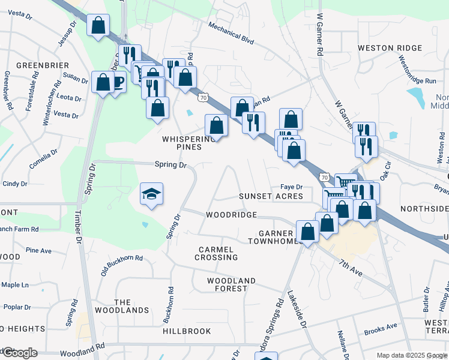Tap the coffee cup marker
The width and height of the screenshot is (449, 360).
pyautogui.click(x=118, y=82)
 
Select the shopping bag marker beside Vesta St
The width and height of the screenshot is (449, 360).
pyautogui.click(x=97, y=26)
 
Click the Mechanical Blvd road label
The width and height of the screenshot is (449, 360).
pyautogui.click(x=232, y=34)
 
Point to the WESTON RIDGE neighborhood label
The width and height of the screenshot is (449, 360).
pyautogui.click(x=391, y=48)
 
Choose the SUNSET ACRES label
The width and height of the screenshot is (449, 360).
pyautogui.click(x=270, y=197)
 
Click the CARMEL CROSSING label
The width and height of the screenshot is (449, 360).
pyautogui.click(x=216, y=253)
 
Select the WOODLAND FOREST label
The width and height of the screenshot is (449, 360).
pyautogui.click(x=231, y=284)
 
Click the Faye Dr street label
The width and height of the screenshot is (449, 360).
pyautogui.click(x=291, y=187)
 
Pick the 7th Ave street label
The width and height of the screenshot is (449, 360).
pyautogui.click(x=351, y=268)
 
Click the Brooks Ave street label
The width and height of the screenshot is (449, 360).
pyautogui.click(x=381, y=328)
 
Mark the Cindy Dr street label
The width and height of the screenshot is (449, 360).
pyautogui.click(x=16, y=184)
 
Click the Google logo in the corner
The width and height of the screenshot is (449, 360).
pyautogui.click(x=19, y=353)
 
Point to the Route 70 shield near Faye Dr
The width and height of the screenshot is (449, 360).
pyautogui.click(x=324, y=178)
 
